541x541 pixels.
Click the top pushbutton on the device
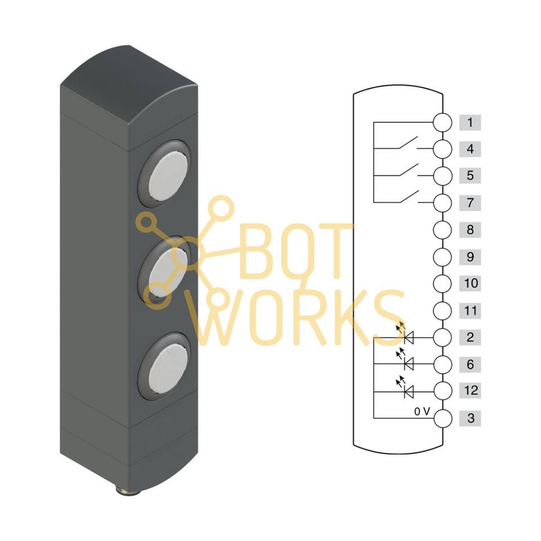point(165,174)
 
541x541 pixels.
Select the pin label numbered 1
point(470,122)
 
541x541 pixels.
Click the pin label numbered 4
point(470,149)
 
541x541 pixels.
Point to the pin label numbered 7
point(470,203)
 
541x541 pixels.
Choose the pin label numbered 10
point(470,283)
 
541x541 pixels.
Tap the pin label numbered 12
point(470,391)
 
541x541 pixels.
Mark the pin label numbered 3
point(470,418)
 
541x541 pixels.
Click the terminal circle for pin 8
point(442,230)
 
